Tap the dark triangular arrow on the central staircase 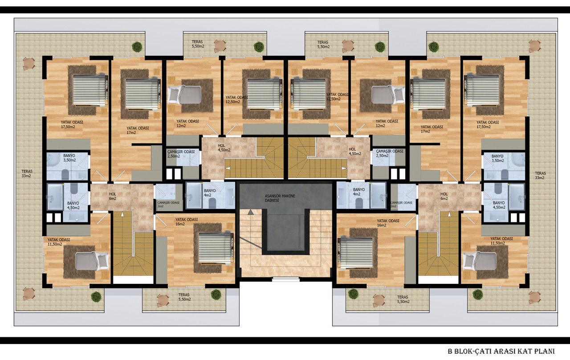tap(251, 212)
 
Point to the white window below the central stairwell tap(286, 279)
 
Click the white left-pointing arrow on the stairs tap(228, 168)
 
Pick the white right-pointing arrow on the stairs tap(344, 168)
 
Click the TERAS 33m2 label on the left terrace tap(27, 174)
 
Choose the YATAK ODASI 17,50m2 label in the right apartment tap(488, 124)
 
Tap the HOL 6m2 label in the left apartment tap(113, 196)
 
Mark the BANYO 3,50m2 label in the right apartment tap(497, 158)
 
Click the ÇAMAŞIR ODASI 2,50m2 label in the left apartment tap(181, 154)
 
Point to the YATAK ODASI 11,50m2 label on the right tap(501, 241)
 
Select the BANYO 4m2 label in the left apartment tap(209, 193)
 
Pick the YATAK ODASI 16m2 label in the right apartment tap(388, 223)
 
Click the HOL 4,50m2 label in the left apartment tap(224, 147)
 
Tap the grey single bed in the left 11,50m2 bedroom tap(92, 261)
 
